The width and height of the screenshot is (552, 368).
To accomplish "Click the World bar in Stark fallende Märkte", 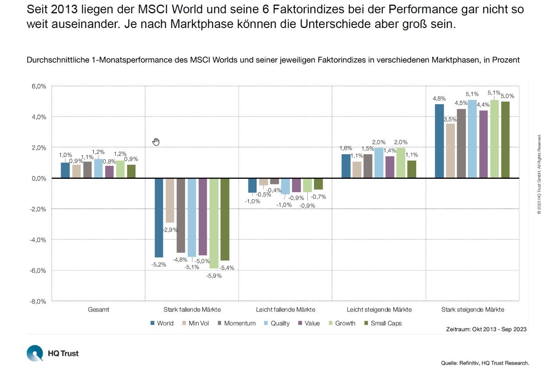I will coord(159,218).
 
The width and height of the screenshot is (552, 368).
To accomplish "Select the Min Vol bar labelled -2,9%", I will coord(170,200).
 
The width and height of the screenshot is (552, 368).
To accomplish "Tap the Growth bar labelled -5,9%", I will coord(214,223).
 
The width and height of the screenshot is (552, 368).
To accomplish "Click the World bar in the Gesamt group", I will coord(65,170).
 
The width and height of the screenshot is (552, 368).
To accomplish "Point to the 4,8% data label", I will coord(439,99).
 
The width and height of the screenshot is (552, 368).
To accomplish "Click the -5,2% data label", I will coord(159,264).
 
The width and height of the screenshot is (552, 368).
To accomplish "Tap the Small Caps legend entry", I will coord(383,323).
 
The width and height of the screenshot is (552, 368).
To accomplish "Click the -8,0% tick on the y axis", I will coord(38,301).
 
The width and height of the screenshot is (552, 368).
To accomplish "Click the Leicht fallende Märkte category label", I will coord(285,309).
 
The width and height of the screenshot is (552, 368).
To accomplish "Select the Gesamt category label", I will coord(98,309).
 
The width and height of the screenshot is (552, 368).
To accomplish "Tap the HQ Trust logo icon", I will coord(35,353).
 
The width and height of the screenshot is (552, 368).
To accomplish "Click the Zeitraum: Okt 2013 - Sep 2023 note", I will coord(486,329).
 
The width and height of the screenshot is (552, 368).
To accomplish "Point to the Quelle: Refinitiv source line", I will coord(485,363).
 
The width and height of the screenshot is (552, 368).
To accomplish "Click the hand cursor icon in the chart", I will coord(156,142).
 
